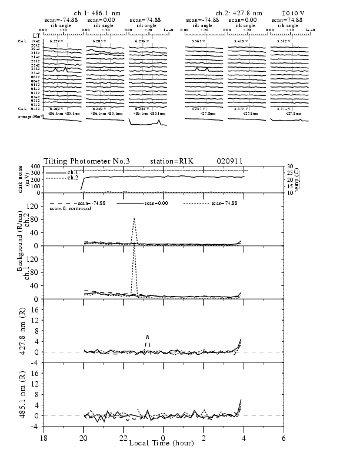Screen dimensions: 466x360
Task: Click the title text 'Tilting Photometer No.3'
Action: coord(79,161)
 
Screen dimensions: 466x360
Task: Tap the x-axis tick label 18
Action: coord(44,437)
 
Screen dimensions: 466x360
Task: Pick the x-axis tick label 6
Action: coord(284,437)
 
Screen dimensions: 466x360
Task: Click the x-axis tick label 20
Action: coord(84,437)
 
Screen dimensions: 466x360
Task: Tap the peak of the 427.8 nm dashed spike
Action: coord(147,335)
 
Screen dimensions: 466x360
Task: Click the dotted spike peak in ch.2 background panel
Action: coord(135,218)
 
